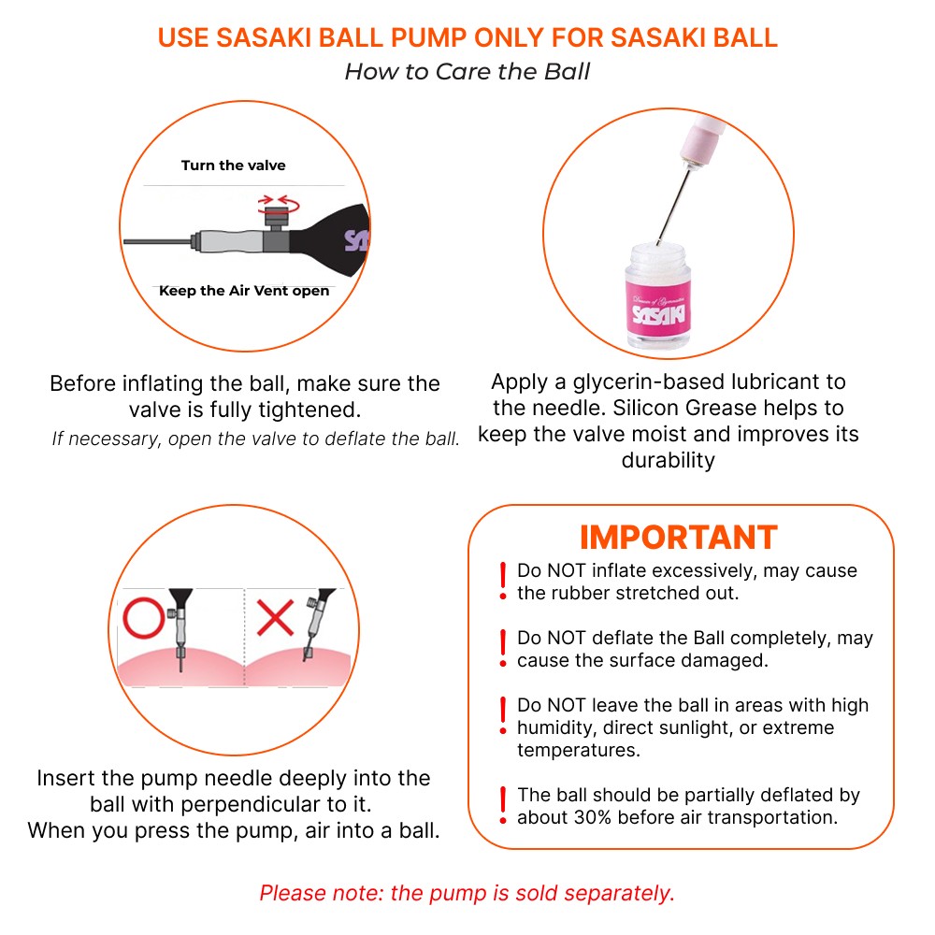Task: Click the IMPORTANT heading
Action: tap(678, 537)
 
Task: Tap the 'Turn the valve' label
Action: tap(233, 165)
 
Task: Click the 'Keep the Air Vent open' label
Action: tap(244, 291)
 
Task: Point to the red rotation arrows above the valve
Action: tap(277, 200)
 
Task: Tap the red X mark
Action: tap(276, 618)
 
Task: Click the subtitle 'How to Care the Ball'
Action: tap(467, 72)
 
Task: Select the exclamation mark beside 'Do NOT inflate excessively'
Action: tap(503, 580)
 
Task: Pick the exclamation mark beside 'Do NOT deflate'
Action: tap(503, 647)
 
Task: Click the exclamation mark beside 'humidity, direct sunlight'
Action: tap(503, 715)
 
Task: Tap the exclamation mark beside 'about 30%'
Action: tap(503, 805)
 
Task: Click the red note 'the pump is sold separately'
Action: tap(532, 893)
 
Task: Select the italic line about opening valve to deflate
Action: tap(255, 439)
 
